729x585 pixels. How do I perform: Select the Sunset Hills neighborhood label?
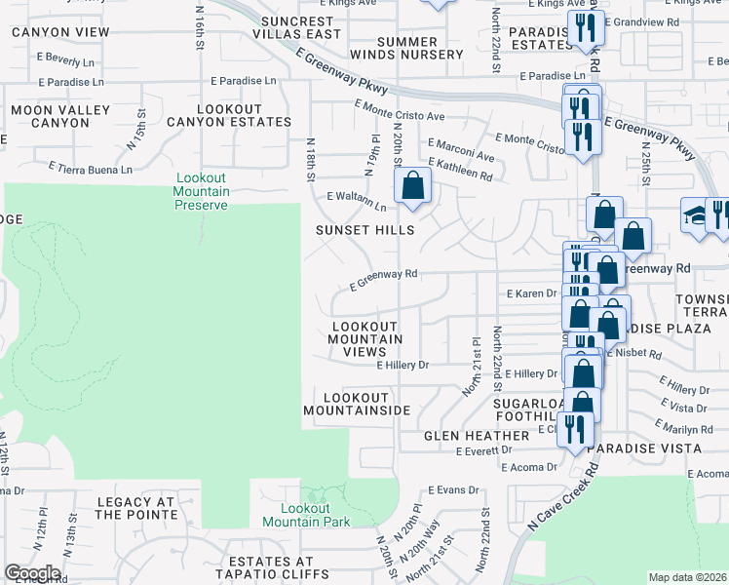tap(364, 230)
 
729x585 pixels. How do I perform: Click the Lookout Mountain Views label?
tap(365, 339)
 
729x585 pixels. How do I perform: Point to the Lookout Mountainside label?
tap(357, 405)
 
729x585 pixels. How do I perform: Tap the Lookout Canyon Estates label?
tap(229, 115)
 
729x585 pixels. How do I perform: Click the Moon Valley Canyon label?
tap(60, 116)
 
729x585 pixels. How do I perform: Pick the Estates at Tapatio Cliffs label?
tap(280, 569)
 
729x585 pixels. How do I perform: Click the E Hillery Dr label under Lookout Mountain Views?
tap(403, 365)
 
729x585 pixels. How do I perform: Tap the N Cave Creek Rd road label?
tap(559, 497)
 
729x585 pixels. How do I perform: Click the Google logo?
tap(31, 573)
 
